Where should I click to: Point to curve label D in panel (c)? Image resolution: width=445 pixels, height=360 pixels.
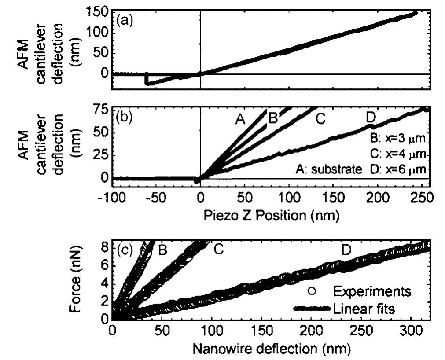point(346,250)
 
